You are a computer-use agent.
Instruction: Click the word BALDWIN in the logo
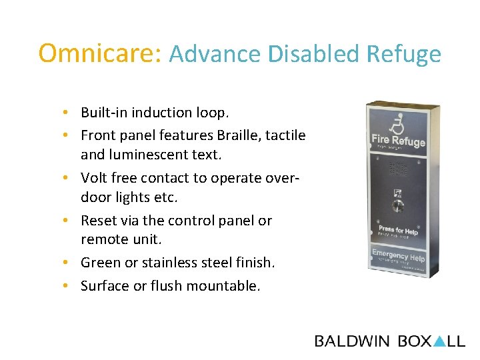click(352, 341)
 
